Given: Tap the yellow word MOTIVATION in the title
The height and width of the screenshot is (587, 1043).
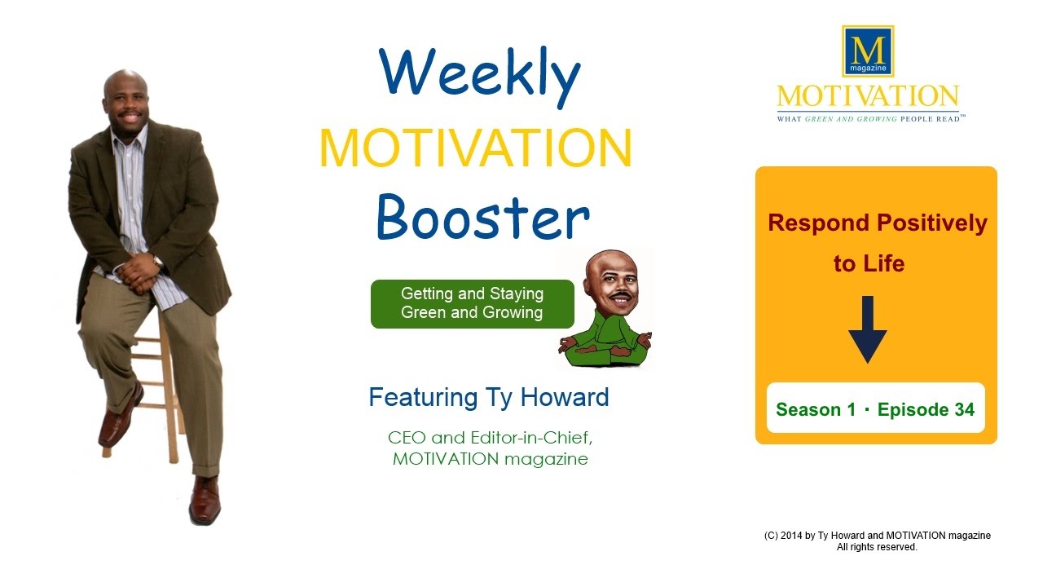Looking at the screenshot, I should [x=475, y=148].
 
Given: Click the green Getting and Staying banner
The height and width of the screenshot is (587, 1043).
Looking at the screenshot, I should [x=472, y=303].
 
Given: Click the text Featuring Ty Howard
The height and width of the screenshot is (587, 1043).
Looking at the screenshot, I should [x=488, y=398].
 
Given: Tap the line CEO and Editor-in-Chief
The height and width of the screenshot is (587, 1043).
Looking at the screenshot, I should [x=490, y=437].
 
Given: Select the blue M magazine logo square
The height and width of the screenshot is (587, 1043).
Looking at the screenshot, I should [x=868, y=51].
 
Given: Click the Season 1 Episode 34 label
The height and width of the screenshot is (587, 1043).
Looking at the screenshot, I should [x=875, y=409].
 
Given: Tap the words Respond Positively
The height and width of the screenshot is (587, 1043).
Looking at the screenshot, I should [x=877, y=223].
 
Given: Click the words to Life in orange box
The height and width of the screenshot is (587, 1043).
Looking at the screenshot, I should [x=869, y=264].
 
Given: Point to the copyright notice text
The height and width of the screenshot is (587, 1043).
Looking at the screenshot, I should [x=877, y=541].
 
